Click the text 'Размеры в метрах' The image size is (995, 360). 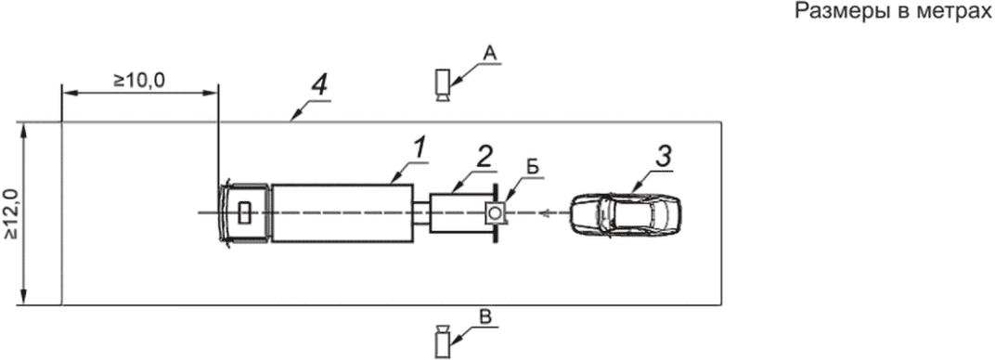(894, 13)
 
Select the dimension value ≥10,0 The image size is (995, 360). (139, 81)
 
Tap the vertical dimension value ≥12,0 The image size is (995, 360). (11, 213)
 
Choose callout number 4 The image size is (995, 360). (321, 86)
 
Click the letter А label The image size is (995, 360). (488, 55)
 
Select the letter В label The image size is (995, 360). (485, 317)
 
